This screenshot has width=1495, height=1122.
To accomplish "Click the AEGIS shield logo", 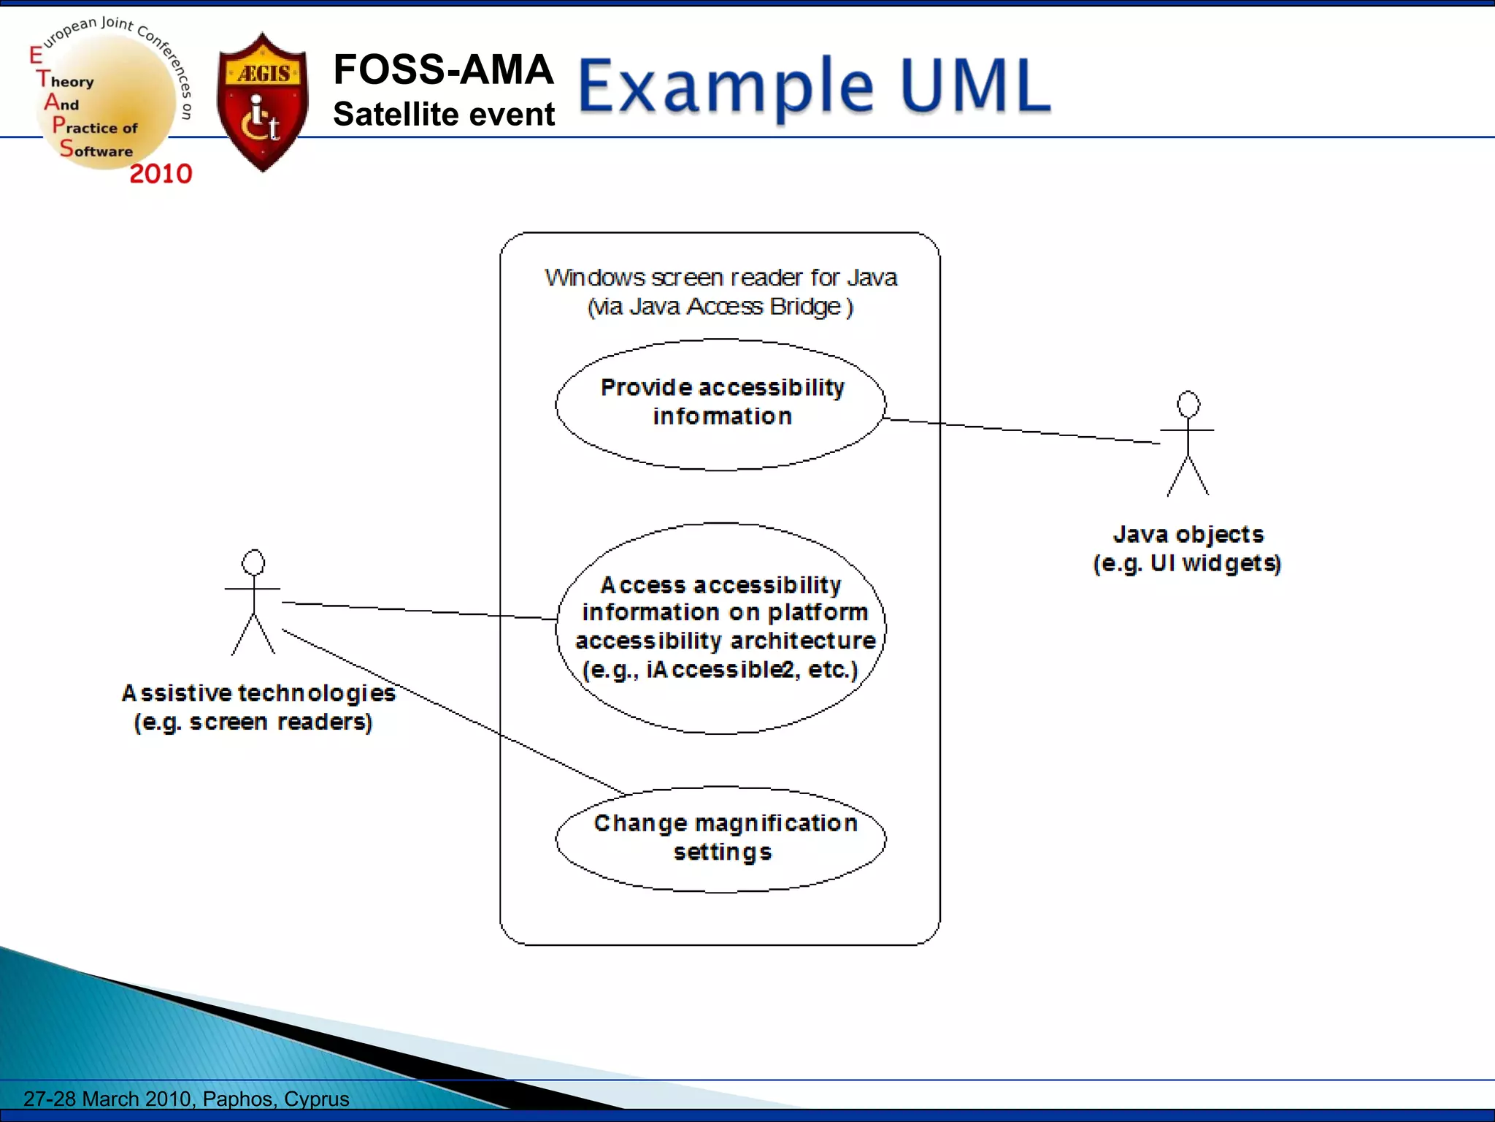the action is coord(263,102).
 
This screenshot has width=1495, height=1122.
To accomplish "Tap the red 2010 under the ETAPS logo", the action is coord(161,174).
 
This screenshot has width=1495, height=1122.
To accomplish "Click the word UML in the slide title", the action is coord(976,86).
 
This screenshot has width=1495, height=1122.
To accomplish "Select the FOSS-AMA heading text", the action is coord(443,70).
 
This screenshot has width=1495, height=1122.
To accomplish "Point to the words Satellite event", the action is coord(444,115).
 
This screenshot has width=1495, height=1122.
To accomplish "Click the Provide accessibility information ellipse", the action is coord(720,404).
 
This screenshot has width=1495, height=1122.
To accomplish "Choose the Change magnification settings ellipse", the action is coord(720,839).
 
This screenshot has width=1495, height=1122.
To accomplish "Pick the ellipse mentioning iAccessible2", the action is coord(720,627).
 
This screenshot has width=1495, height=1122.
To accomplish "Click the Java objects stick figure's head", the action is coord(1188,404).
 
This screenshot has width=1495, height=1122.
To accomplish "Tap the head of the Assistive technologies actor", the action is coord(253,562).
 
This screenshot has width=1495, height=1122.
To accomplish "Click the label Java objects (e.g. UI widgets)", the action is coord(1187,549).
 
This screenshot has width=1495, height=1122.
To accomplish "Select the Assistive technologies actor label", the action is coord(257,707).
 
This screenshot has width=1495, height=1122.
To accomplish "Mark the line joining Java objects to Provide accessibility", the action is coord(1022,431).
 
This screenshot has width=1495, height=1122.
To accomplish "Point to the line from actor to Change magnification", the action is coord(453,712).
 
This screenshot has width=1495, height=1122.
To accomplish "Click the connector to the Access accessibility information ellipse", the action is coord(420,611).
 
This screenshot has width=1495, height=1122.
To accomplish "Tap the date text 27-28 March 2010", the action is coord(109,1099).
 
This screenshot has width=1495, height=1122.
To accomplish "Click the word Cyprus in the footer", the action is coord(316,1099).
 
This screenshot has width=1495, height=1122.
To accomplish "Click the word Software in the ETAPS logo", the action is coord(96,150).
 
